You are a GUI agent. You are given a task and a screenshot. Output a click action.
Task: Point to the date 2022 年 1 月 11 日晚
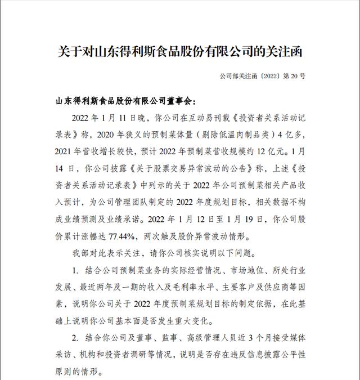pos(107,119)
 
